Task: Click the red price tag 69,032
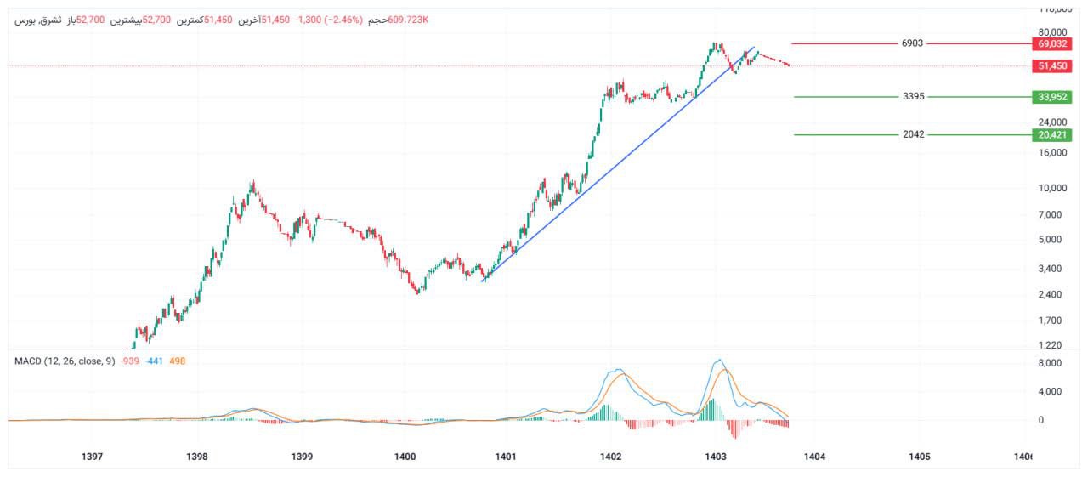tap(1051, 43)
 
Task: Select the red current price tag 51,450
tap(1051, 65)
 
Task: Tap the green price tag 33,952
tap(1051, 97)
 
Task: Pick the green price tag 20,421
tap(1051, 134)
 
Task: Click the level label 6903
tap(912, 43)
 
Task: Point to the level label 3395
tap(914, 97)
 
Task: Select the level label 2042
tap(914, 134)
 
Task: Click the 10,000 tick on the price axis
tap(1051, 188)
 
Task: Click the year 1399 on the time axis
tap(302, 457)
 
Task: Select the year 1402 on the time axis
tap(610, 457)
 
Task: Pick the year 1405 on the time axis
tap(919, 457)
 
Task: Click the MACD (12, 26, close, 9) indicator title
tap(65, 361)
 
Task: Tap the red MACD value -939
tap(130, 361)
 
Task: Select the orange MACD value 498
tap(178, 361)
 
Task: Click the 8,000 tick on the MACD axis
tap(1051, 363)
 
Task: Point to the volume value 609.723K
tap(408, 19)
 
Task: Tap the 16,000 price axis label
tap(1051, 153)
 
